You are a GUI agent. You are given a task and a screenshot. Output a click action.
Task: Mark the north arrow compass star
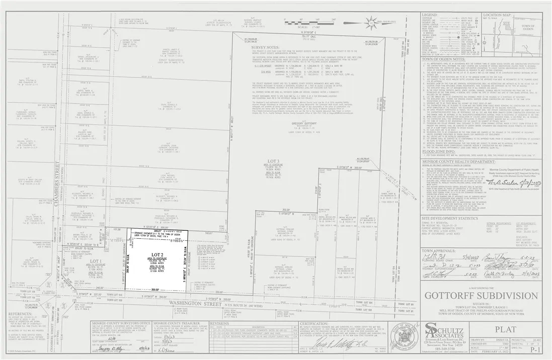click(372, 22)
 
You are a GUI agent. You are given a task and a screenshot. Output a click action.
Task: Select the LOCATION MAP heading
click(498, 15)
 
